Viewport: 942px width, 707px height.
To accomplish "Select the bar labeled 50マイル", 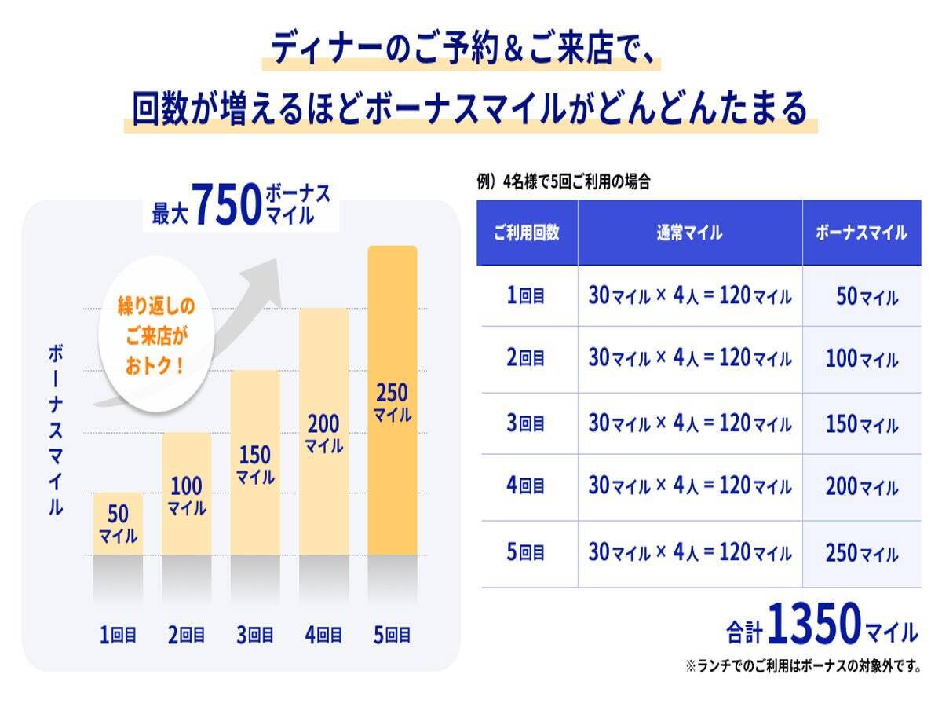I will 118,524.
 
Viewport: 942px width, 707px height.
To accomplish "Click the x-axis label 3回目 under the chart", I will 255,635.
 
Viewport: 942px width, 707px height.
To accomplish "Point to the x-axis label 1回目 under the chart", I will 119,635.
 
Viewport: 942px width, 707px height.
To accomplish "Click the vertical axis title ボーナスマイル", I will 56,430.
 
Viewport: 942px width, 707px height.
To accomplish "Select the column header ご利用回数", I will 526,233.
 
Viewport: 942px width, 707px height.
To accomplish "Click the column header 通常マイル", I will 689,233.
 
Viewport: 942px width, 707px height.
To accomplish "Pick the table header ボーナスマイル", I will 861,233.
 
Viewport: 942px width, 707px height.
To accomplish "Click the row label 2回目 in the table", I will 526,358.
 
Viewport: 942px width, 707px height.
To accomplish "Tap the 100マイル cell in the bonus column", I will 861,360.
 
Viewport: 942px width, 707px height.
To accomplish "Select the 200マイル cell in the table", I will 861,488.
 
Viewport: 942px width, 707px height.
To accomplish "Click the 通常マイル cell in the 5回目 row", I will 689,553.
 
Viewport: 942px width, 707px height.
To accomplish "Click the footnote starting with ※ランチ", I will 802,667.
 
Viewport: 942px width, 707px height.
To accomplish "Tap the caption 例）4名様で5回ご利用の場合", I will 563,182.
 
